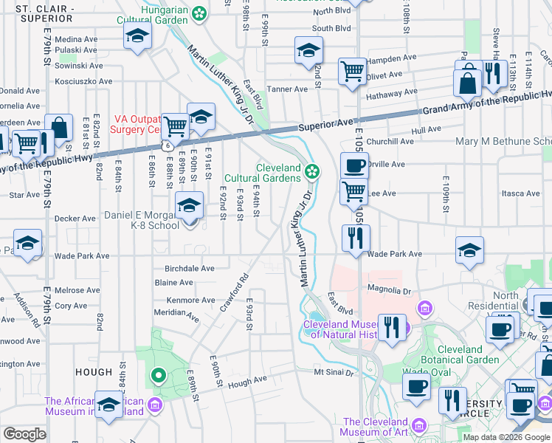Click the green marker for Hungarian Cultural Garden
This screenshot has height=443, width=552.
click(199, 13)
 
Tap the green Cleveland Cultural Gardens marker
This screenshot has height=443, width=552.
click(313, 172)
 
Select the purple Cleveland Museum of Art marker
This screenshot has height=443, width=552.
click(419, 426)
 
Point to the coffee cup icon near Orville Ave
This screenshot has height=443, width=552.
click(354, 165)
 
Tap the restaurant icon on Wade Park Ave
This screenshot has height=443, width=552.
click(356, 238)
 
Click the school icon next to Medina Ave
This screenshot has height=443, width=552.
click(137, 35)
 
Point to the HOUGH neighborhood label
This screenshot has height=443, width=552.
click(93, 373)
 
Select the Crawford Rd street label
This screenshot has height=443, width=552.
click(232, 293)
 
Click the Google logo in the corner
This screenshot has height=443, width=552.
click(24, 434)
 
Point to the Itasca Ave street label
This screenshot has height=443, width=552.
click(521, 193)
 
